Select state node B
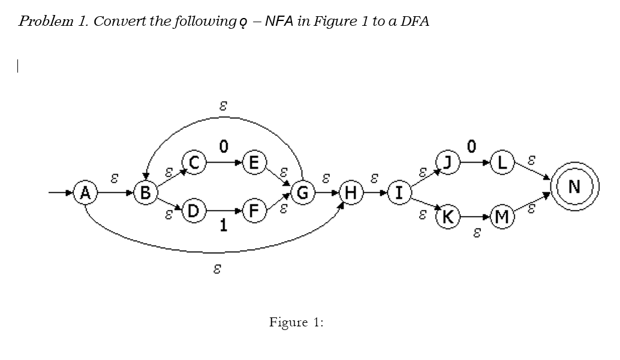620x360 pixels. click(x=145, y=193)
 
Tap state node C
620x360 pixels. click(x=198, y=163)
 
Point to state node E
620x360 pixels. click(x=254, y=163)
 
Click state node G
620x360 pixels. click(x=303, y=193)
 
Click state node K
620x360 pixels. click(x=448, y=216)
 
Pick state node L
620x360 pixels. click(x=502, y=163)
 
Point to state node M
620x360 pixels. click(x=502, y=216)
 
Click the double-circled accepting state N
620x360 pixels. click(x=574, y=187)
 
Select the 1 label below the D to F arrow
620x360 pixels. click(x=223, y=226)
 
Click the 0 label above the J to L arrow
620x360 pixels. click(x=472, y=146)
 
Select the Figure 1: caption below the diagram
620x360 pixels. click(x=296, y=323)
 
